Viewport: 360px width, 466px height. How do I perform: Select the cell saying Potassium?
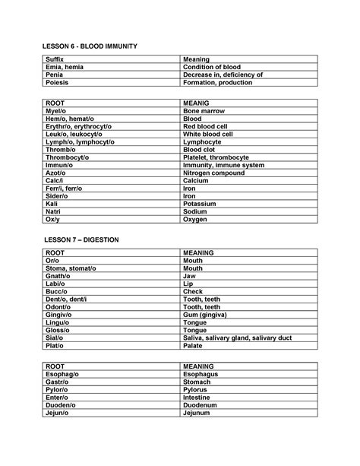pos(200,204)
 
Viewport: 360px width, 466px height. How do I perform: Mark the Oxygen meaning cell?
pos(196,220)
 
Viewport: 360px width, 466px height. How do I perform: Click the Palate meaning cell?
pos(194,345)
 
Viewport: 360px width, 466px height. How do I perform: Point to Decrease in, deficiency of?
pos(223,75)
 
